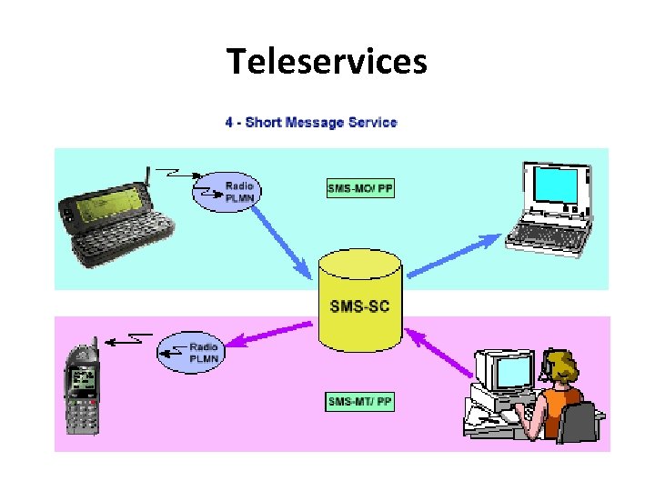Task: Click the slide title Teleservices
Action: point(327,62)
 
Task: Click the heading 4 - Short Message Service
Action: point(311,122)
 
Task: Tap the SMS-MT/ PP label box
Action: point(360,400)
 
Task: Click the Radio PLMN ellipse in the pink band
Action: point(189,351)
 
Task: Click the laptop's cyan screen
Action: point(558,187)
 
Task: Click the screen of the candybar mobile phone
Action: point(84,380)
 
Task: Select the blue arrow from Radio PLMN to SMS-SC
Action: point(282,240)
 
